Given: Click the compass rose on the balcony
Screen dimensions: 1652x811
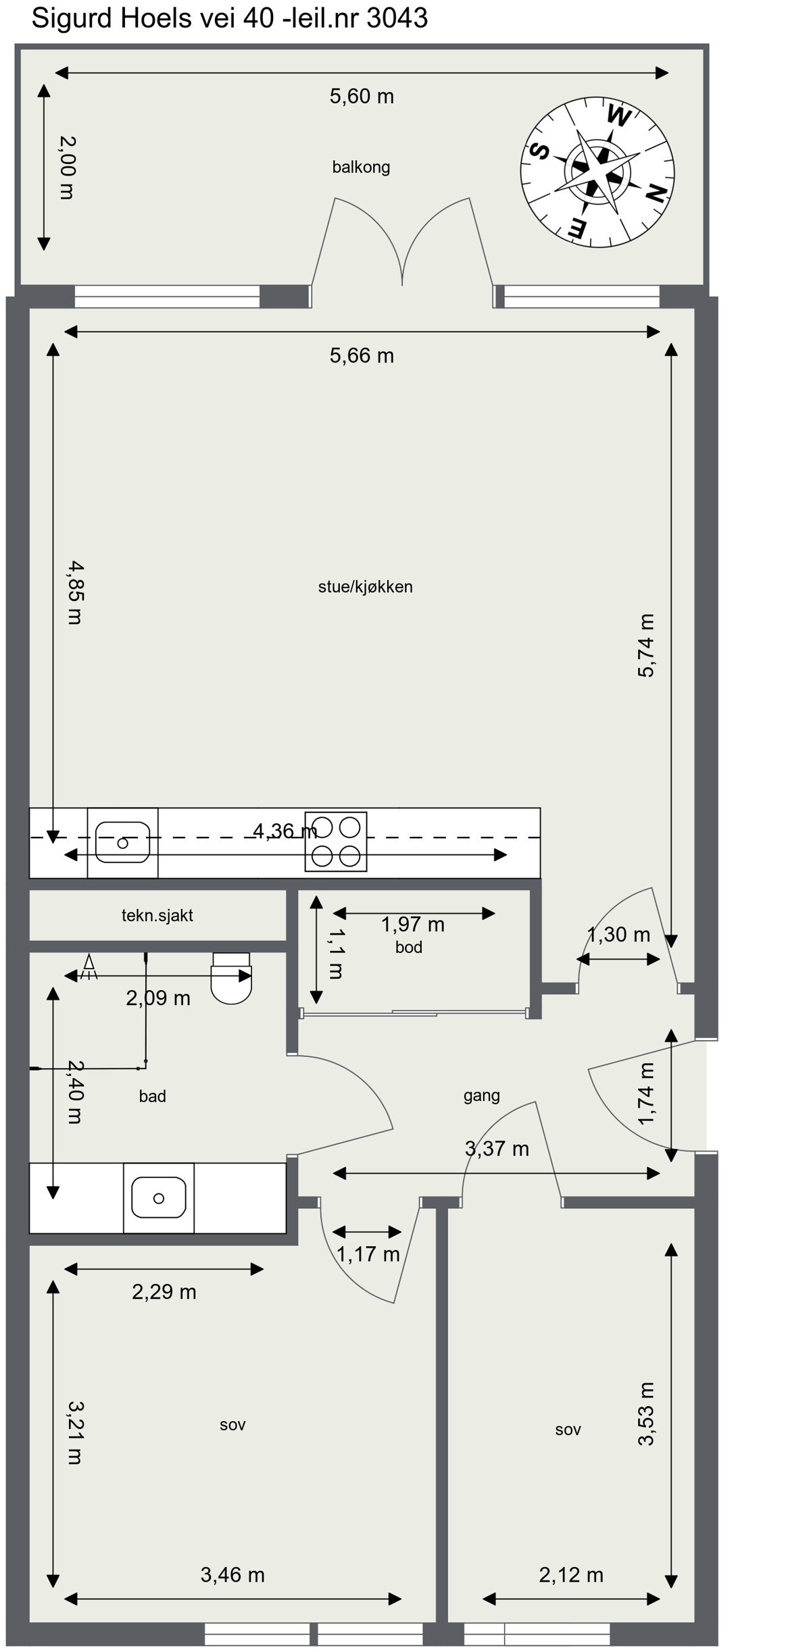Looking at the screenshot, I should point(597,172).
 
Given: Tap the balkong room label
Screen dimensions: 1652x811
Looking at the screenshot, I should point(361,167).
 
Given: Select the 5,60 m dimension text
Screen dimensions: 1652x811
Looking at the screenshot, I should point(362,97).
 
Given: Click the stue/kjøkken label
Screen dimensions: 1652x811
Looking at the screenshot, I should point(365,587).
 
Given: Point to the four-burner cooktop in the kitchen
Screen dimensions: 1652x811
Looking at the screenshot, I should point(336,842).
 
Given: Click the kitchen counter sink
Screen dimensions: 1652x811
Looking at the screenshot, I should point(122,842).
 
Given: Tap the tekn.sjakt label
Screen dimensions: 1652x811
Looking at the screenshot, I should point(157,916).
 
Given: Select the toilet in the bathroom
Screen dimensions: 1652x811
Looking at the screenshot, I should point(231,977).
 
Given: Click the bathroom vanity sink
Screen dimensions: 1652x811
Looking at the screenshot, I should point(158,1198).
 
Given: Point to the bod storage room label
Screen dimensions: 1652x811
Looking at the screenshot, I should point(409,948).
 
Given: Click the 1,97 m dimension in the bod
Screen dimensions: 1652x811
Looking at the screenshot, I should point(412,925).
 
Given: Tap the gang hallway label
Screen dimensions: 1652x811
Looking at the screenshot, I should point(481,1095).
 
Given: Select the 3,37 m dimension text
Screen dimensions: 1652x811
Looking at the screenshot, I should point(497,1148).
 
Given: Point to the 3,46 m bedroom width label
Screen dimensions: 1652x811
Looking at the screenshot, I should point(232,1575).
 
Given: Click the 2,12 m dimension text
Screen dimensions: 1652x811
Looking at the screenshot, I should point(571,1575).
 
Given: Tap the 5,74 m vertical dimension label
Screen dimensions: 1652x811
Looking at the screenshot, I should point(646,645).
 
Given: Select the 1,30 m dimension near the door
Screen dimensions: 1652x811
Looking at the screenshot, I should point(618,935).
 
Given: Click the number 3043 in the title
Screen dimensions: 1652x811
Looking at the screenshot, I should point(397,18).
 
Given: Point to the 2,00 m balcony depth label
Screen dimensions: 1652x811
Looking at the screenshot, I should point(67,167).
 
